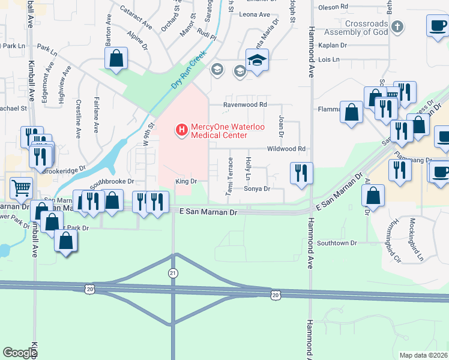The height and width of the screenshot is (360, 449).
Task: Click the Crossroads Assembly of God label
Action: [354, 28]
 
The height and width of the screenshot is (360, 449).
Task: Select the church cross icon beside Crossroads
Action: [397, 27]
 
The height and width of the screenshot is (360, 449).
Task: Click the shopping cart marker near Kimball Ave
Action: [21, 188]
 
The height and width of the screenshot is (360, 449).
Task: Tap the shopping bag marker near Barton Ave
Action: [116, 59]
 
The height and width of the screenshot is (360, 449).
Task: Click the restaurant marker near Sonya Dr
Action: [301, 173]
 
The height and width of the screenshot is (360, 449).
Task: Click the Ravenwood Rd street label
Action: [245, 104]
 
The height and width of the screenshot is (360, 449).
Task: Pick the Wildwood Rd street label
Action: [286, 149]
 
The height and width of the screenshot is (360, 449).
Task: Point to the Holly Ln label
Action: [248, 169]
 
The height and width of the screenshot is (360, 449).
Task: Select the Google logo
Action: [20, 353]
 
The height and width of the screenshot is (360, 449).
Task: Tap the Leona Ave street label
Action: [256, 14]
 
